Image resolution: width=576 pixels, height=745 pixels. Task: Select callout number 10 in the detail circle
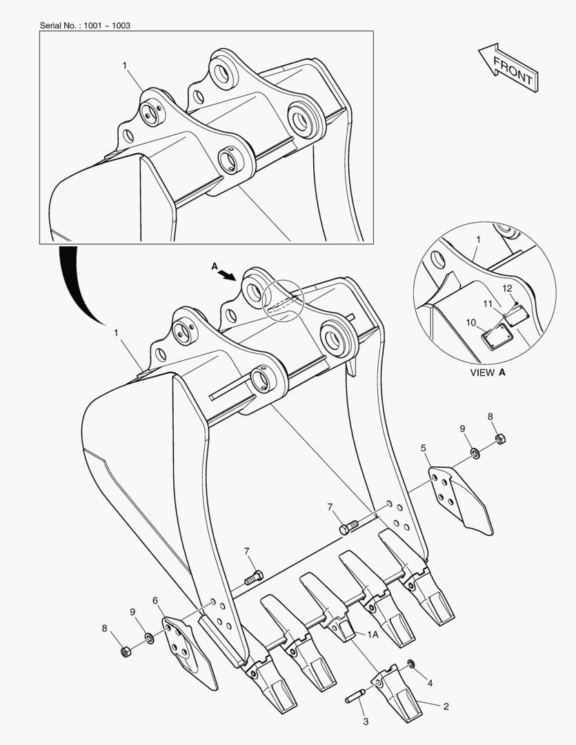[471, 322]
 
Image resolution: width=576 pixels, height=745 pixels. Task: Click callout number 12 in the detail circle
[506, 288]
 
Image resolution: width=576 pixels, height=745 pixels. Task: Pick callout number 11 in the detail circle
[488, 304]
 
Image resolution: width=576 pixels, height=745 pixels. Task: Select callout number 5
[424, 448]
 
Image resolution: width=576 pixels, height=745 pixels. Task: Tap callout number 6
[155, 601]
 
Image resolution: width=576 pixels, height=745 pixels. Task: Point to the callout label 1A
[373, 633]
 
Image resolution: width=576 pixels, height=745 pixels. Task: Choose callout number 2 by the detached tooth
[446, 706]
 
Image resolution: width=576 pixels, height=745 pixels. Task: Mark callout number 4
[430, 684]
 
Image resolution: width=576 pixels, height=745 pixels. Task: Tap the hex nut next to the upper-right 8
[501, 438]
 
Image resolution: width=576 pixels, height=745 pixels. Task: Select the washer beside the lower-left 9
[150, 633]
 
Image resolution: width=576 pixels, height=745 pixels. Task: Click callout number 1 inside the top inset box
[125, 66]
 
